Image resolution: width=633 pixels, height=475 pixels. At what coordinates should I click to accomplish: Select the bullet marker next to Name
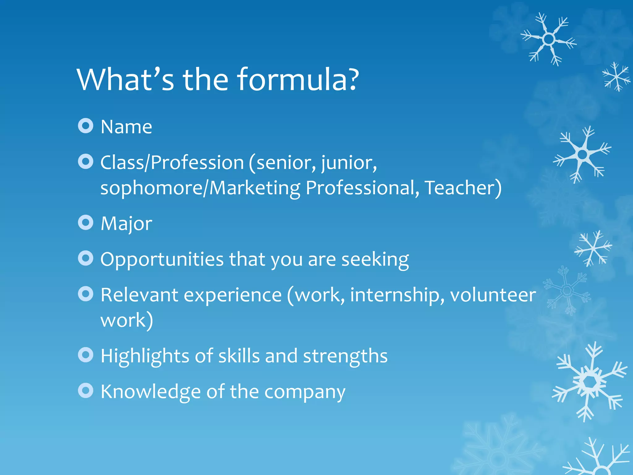[x=86, y=126]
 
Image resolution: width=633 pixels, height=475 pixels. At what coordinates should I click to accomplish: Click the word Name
[x=126, y=127]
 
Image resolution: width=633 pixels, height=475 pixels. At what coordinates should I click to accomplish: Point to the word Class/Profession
[x=172, y=163]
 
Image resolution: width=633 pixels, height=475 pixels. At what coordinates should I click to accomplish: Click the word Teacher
[x=463, y=188]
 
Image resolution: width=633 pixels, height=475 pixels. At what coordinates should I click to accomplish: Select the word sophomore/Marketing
[x=200, y=188]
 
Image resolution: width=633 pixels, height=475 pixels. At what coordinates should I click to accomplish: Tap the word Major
[x=126, y=224]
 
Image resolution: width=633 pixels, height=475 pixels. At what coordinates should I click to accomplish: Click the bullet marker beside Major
[x=86, y=223]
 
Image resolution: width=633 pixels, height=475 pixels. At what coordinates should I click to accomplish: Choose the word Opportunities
[x=162, y=260]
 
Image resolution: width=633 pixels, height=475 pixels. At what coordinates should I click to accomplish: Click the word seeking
[x=375, y=260]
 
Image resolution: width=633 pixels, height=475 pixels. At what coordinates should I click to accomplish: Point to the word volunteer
[x=493, y=295]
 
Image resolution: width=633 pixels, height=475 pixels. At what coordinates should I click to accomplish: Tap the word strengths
[x=345, y=356]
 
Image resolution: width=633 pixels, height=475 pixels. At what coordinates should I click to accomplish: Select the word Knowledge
[x=151, y=392]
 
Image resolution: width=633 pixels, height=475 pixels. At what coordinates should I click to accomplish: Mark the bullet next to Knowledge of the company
[x=86, y=391]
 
